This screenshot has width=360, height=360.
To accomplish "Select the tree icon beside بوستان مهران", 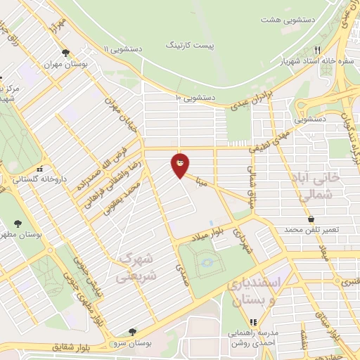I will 65,53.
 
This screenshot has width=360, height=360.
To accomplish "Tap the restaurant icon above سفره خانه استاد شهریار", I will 317,51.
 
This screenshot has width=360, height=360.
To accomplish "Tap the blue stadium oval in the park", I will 207,262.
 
